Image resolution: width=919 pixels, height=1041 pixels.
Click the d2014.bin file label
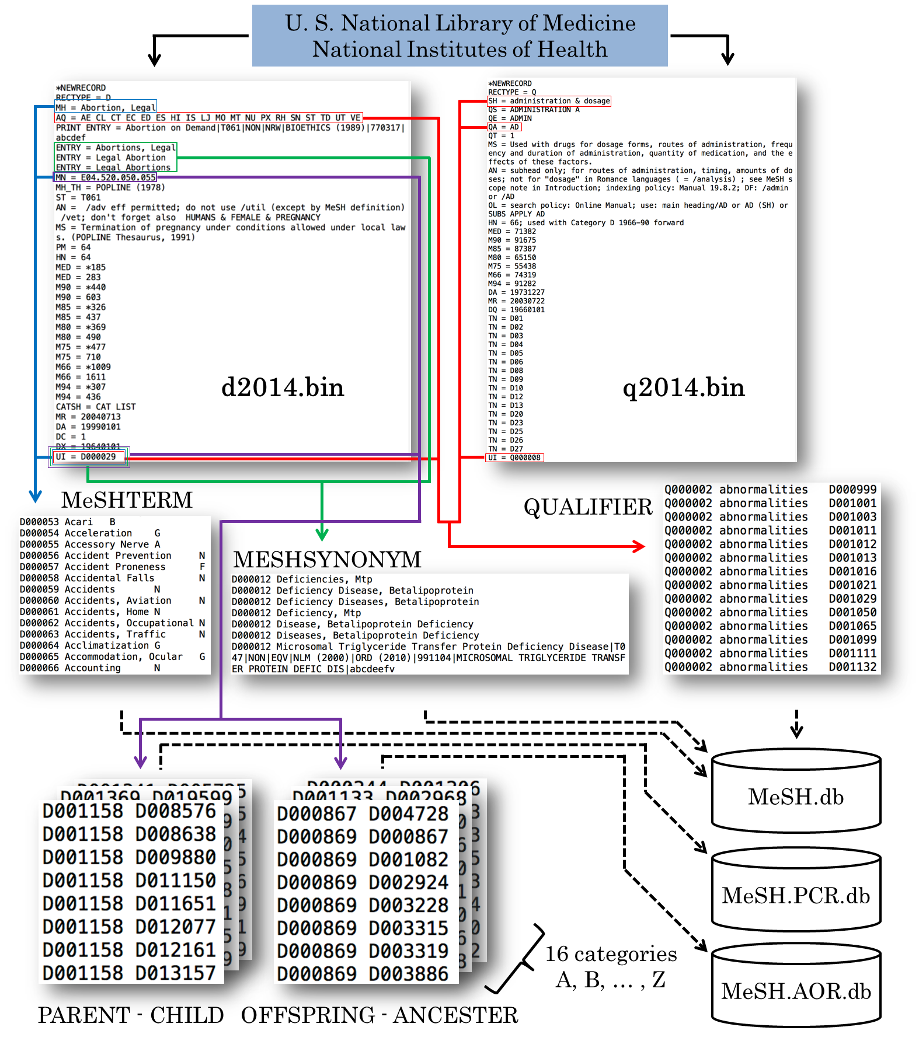tap(283, 387)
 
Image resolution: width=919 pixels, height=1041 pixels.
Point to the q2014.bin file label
tap(684, 387)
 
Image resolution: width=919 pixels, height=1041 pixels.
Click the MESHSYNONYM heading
tap(327, 560)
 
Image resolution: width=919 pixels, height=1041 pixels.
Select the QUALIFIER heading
tap(588, 507)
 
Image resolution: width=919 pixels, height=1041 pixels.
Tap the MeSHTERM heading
tap(127, 500)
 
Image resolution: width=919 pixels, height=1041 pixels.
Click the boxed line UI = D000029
tap(89, 457)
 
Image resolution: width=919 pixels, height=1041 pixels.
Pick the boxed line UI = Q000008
tap(514, 457)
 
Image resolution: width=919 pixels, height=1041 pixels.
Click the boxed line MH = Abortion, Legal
tap(106, 107)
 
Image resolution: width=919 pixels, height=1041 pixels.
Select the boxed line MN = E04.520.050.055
tap(106, 177)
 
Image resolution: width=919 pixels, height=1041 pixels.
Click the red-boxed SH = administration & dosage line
tap(549, 101)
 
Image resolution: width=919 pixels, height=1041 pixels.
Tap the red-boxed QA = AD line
tap(504, 127)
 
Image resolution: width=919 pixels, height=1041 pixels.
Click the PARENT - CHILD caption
tap(131, 1015)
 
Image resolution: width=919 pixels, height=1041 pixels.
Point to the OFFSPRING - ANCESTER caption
tap(380, 1015)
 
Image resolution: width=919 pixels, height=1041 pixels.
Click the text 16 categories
tap(611, 954)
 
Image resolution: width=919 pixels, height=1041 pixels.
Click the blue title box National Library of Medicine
tap(459, 36)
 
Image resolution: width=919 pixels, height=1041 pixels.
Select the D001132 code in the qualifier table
tap(852, 667)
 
